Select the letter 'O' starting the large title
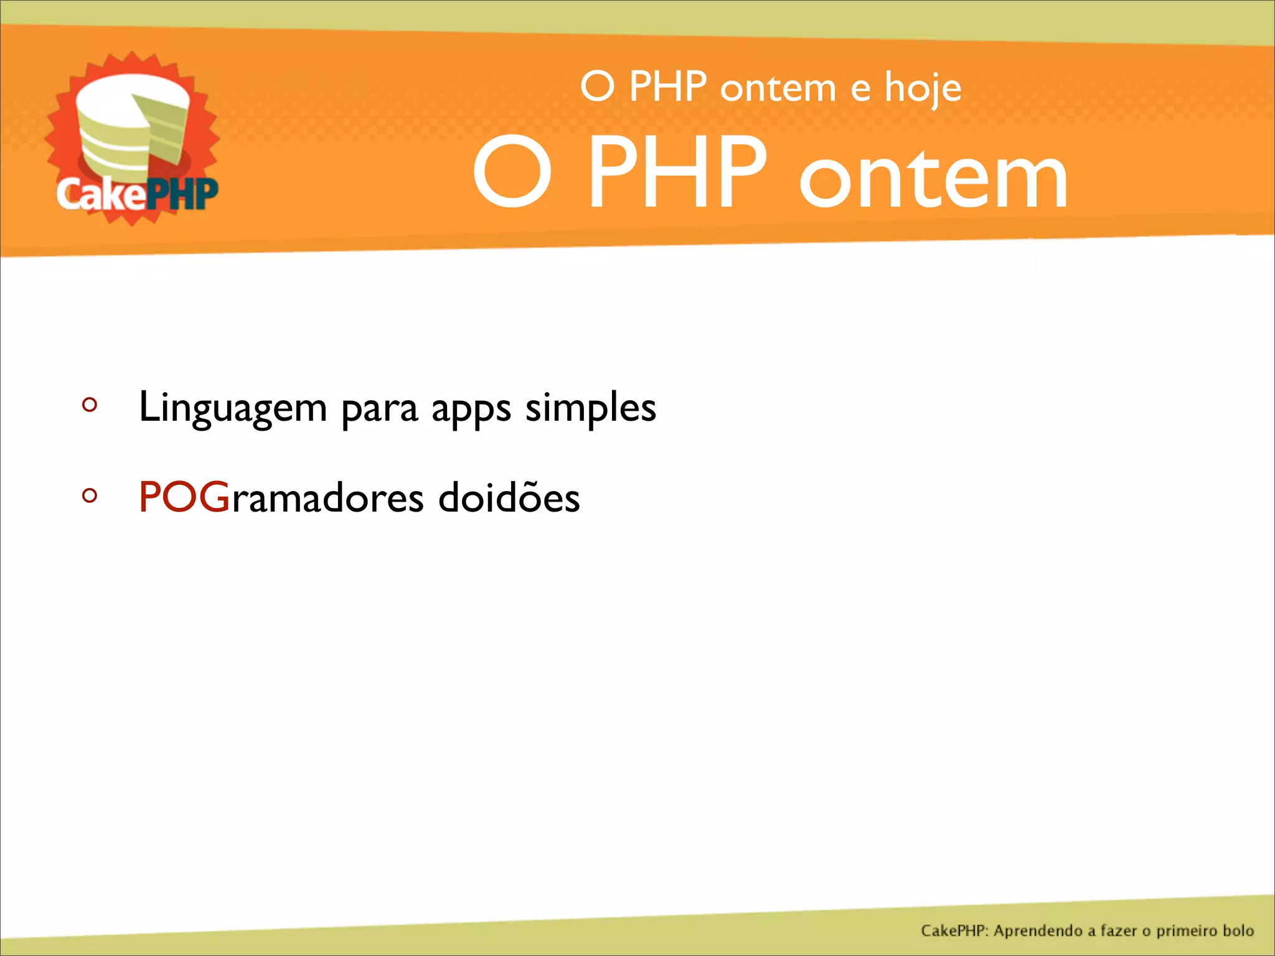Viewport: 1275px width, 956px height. tap(512, 173)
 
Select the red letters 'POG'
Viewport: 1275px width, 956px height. tap(184, 497)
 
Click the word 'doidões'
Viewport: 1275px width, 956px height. tap(509, 497)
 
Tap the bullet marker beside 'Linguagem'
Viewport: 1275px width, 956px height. tap(90, 405)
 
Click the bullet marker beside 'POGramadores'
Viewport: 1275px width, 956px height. tap(90, 496)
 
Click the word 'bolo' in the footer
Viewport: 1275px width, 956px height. tap(1238, 930)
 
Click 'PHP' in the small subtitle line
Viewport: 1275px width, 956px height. tap(667, 87)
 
